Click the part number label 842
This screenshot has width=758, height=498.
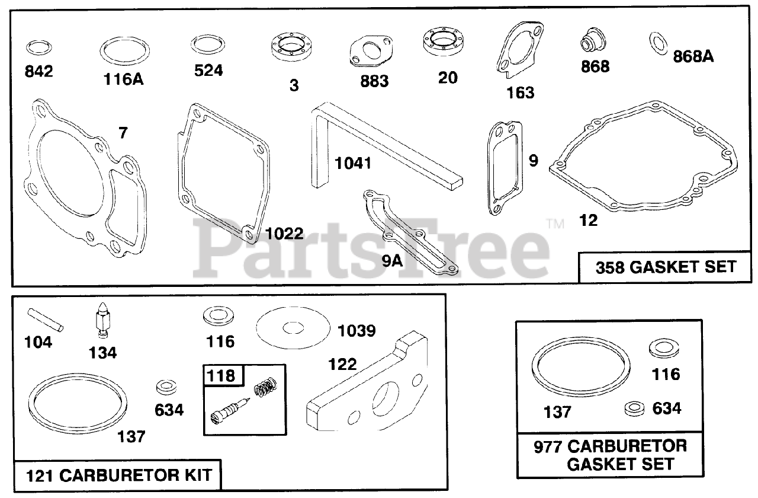click(39, 71)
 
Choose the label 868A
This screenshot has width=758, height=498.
click(693, 57)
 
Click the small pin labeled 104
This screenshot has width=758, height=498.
click(46, 320)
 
